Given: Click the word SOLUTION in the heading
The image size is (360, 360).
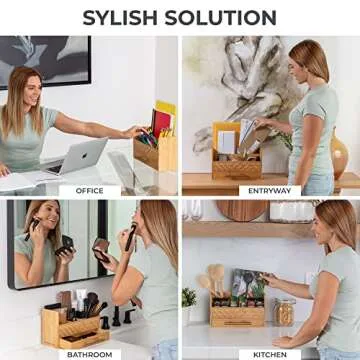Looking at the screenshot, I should point(226,17).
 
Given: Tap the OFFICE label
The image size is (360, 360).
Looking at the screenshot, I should point(90,190).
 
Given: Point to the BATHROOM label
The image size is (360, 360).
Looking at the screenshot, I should point(88,352).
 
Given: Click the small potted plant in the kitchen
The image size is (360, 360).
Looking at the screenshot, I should point(189,300).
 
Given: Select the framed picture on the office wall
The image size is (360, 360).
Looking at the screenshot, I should point(44,61).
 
